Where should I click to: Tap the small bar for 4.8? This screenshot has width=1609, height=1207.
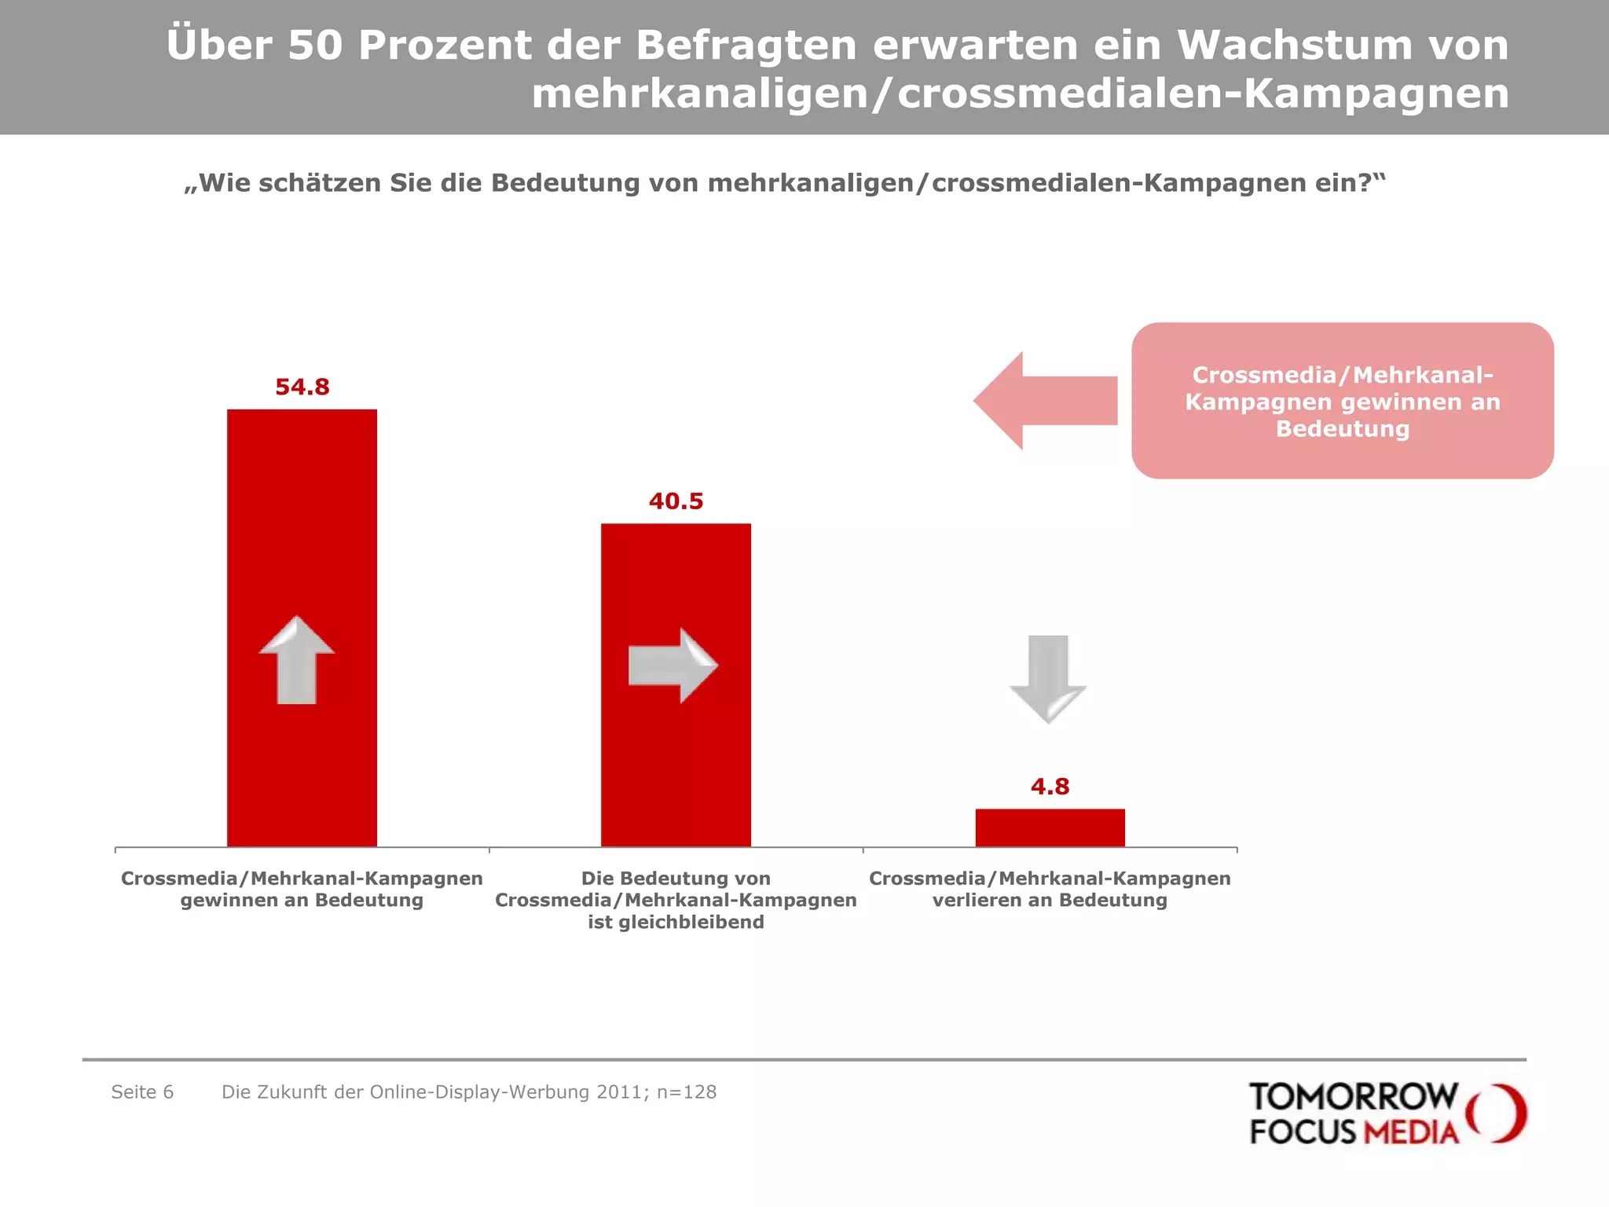pos(1050,827)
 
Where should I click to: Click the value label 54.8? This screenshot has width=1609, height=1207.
pos(302,387)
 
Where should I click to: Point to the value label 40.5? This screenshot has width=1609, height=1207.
pos(676,501)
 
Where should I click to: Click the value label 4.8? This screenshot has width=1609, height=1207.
pos(1050,787)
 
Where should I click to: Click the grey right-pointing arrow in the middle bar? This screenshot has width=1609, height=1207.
pos(673,666)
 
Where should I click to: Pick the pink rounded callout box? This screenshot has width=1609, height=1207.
pos(1342,401)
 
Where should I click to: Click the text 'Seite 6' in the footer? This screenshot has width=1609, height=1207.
pos(142,1092)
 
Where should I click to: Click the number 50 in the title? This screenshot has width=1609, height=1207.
pos(315,45)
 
